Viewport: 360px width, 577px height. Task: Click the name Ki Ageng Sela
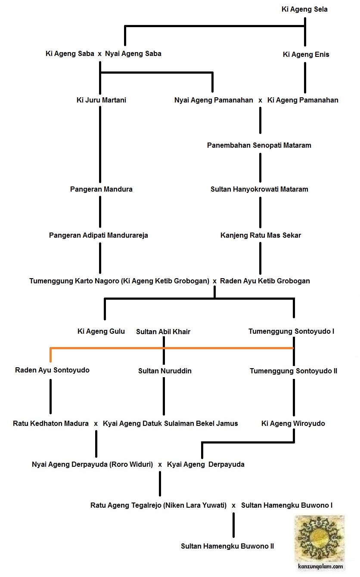[x=304, y=9]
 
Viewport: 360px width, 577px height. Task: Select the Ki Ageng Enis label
[x=306, y=55]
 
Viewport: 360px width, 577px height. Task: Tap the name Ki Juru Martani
[x=101, y=100]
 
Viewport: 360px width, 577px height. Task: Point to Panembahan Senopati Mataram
[x=259, y=146]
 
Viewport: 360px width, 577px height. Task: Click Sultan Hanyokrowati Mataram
[x=259, y=189]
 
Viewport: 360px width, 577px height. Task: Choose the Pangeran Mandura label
[x=101, y=189]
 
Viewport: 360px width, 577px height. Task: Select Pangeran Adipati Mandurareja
[x=98, y=236]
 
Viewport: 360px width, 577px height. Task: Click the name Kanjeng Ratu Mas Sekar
[x=261, y=236]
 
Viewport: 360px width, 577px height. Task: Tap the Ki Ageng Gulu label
[x=101, y=332]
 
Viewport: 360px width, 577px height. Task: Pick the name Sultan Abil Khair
[x=163, y=332]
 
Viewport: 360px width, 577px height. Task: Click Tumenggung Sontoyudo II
[x=293, y=371]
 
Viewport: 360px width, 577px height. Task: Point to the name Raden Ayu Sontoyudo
[x=52, y=370]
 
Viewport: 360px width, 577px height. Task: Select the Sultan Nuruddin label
[x=165, y=371]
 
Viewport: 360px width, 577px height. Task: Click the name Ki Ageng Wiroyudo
[x=293, y=424]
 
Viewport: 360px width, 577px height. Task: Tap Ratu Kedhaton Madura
[x=51, y=424]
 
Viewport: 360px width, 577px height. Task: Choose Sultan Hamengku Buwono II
[x=227, y=546]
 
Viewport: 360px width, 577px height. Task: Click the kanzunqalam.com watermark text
[x=320, y=567]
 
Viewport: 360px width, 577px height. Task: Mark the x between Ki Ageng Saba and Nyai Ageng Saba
[x=99, y=54]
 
